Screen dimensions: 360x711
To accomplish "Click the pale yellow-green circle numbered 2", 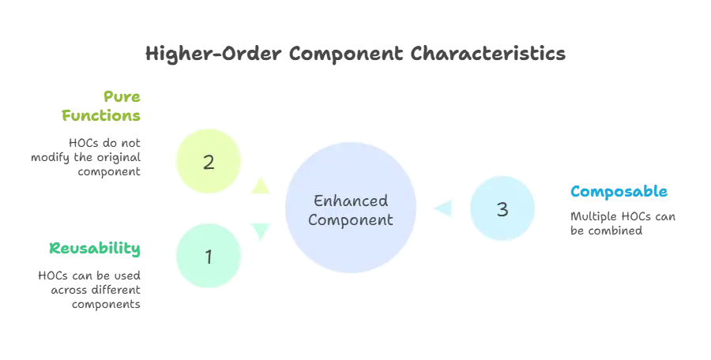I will tap(209, 163).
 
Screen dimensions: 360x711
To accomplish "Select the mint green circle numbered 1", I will tap(209, 257).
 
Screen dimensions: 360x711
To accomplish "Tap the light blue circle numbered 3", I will tap(502, 209).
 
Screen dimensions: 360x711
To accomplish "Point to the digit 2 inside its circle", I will tap(209, 163).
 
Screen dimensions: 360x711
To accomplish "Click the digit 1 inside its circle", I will tap(209, 257).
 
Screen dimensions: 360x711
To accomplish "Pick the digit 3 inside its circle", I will tap(502, 209).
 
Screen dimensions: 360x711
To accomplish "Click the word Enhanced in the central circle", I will tap(350, 201).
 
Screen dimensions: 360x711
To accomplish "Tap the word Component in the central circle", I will tap(350, 219).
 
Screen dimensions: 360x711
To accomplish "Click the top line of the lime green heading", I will tap(123, 96).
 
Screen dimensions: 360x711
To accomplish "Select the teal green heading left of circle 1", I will tap(95, 249).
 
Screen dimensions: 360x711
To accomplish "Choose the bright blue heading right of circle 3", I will tap(619, 192).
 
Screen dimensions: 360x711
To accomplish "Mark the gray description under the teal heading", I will tap(91, 287).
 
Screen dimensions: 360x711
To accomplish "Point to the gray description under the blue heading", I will tap(622, 223).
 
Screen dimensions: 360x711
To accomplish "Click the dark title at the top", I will tap(355, 54).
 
